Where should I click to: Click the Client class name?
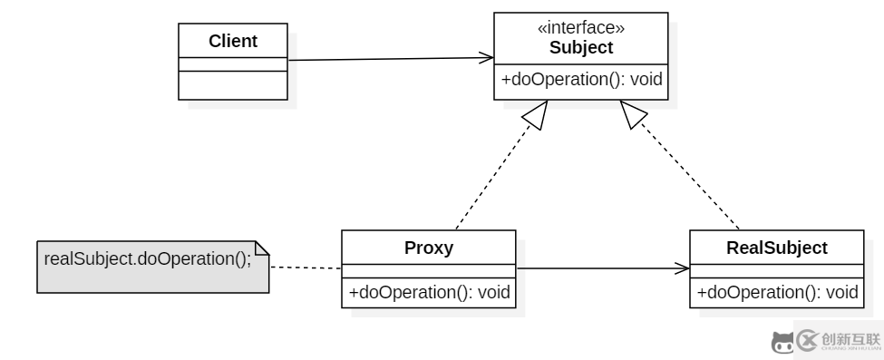coord(233,41)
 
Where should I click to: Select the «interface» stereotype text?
coord(581,29)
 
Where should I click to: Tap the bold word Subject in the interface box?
coord(581,47)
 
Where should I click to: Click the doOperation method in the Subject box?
coord(581,80)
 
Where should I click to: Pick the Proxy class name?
coord(428,247)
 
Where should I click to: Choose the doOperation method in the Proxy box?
coord(429,293)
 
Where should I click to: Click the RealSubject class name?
coord(776,247)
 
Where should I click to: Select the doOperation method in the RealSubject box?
coord(777,293)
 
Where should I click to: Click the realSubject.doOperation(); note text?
coord(147,258)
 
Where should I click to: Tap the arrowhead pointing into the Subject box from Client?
coord(486,59)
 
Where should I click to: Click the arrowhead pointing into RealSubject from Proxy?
coord(682,268)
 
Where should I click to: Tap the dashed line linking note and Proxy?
coord(306,268)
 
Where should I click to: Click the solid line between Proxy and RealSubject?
coord(598,268)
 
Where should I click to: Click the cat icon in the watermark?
coord(781,342)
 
